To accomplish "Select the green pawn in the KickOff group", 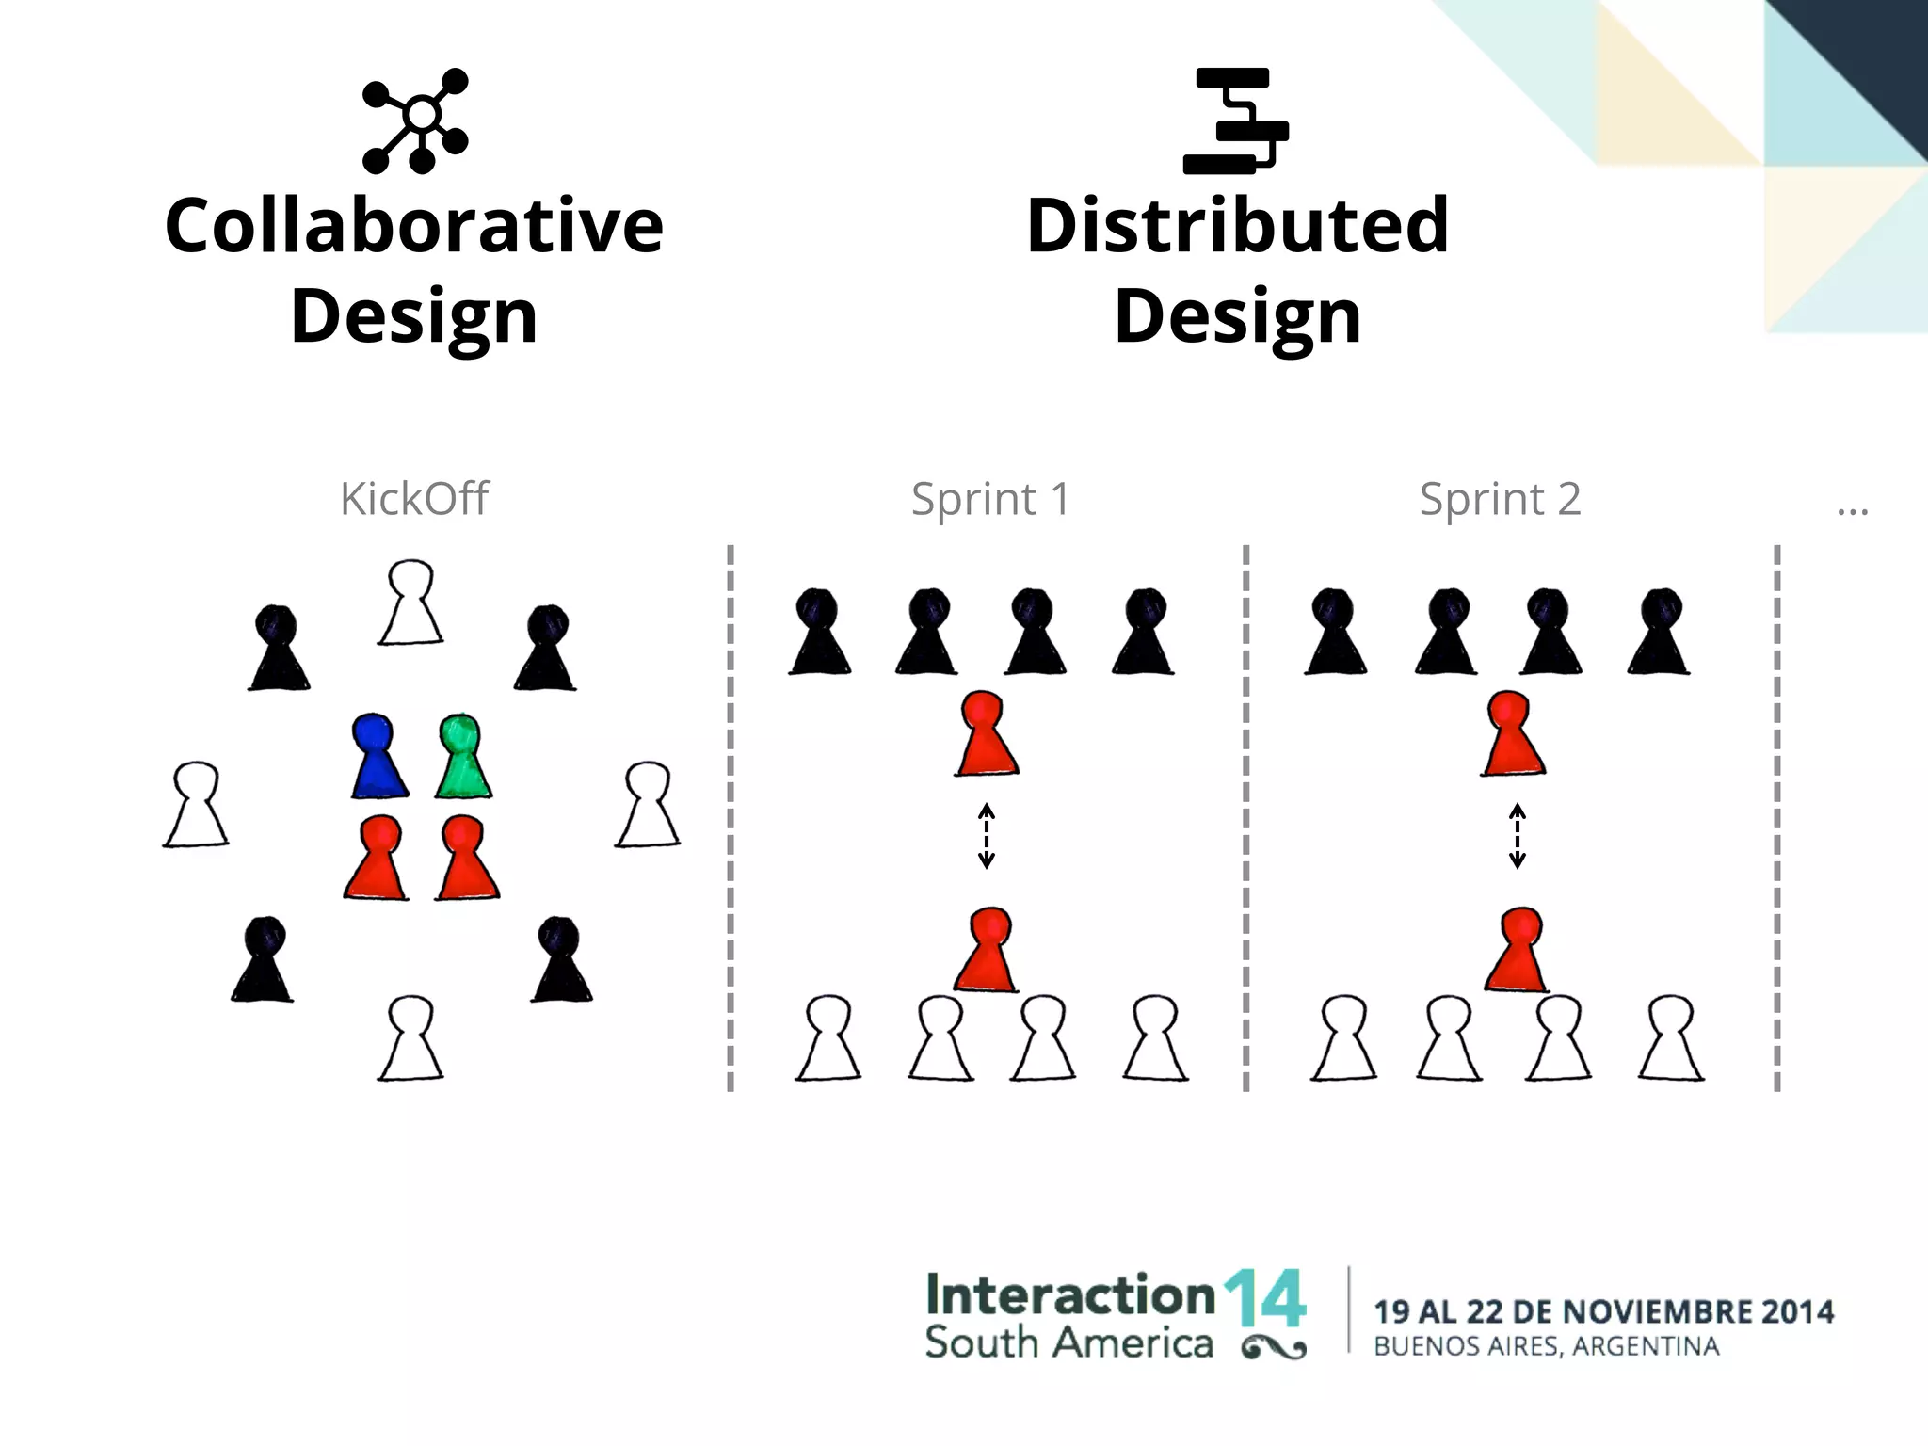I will [x=463, y=758].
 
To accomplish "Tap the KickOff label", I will [x=414, y=499].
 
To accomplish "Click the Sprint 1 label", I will [x=990, y=499].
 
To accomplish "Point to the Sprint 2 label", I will [x=1500, y=499].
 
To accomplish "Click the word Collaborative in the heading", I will [x=414, y=226].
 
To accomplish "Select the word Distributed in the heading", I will [x=1237, y=226].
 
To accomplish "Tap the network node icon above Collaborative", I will [x=415, y=120].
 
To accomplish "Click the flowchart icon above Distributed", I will [x=1236, y=120].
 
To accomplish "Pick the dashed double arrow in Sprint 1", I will [x=987, y=835].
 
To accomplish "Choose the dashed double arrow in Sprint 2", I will [x=1517, y=835].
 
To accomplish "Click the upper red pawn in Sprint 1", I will [x=986, y=734].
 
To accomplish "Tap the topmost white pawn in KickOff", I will [x=410, y=603].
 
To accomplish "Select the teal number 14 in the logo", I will [x=1264, y=1298].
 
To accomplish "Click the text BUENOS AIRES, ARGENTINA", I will [x=1546, y=1346].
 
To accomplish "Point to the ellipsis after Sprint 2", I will [x=1852, y=511].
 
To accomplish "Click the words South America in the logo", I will [x=1068, y=1342].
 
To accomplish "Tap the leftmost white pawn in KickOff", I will [x=196, y=806].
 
